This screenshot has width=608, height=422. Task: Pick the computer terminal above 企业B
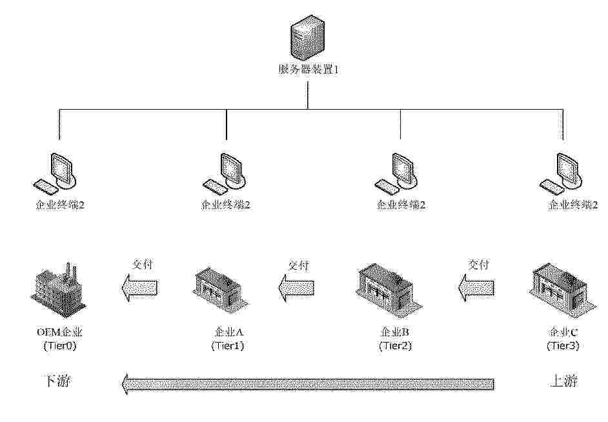[398, 172]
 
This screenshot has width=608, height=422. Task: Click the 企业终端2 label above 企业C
[573, 205]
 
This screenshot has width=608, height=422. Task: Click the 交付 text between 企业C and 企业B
[478, 265]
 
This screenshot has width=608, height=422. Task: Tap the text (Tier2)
[395, 346]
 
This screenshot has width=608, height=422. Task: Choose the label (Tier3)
[563, 346]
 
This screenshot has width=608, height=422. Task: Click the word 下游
[57, 381]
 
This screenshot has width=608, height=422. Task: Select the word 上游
[563, 381]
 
